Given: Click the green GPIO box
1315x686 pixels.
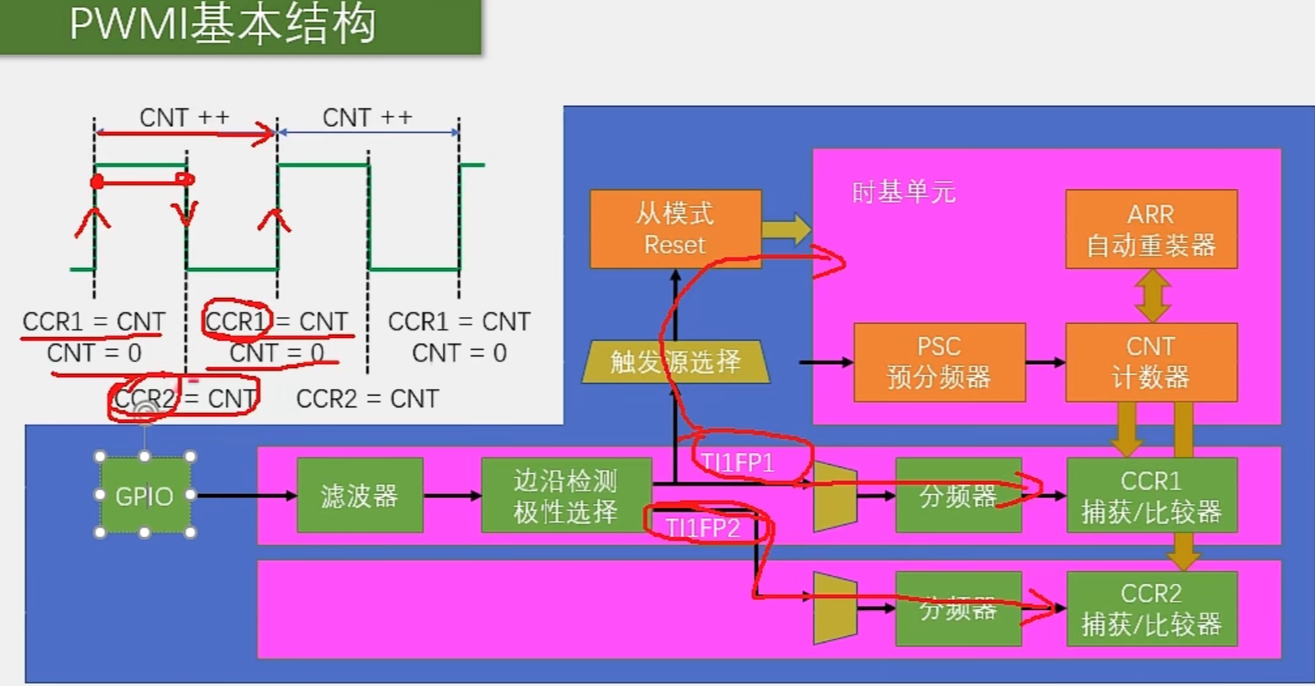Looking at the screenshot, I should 144,496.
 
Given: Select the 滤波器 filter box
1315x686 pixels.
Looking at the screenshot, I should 360,496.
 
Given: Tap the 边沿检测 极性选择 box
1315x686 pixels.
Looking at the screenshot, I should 566,496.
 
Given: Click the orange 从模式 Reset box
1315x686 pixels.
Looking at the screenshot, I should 675,229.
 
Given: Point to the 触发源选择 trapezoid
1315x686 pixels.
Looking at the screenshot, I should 675,361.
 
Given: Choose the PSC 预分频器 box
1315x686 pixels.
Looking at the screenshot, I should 939,362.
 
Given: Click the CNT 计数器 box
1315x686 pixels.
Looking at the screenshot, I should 1151,362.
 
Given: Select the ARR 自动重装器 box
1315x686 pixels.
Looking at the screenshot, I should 1151,230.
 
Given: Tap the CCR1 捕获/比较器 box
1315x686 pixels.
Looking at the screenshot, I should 1151,496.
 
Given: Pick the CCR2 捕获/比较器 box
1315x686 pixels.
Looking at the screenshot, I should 1151,608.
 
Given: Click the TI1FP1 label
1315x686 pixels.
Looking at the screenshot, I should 738,462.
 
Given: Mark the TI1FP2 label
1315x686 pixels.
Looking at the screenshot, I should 703,527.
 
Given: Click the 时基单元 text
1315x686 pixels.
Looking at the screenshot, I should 904,193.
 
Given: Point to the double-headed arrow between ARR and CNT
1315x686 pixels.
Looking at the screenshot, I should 1152,295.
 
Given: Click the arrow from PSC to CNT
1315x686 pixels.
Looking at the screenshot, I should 1045,362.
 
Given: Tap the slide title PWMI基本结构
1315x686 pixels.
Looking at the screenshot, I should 223,24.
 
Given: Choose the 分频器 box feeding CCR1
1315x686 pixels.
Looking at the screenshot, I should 958,496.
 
